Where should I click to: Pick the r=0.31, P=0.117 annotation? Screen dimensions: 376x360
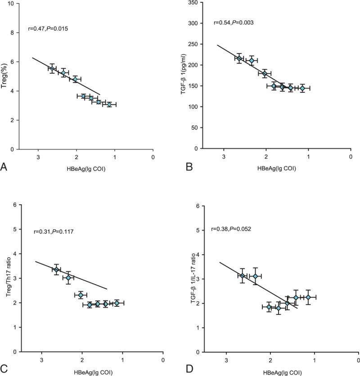(x=54, y=232)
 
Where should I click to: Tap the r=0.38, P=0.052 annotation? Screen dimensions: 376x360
(x=231, y=229)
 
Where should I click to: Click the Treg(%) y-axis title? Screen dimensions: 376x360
(x=5, y=76)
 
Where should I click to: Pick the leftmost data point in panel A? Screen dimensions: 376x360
(x=52, y=68)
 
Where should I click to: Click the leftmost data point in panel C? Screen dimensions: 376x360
(x=56, y=269)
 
